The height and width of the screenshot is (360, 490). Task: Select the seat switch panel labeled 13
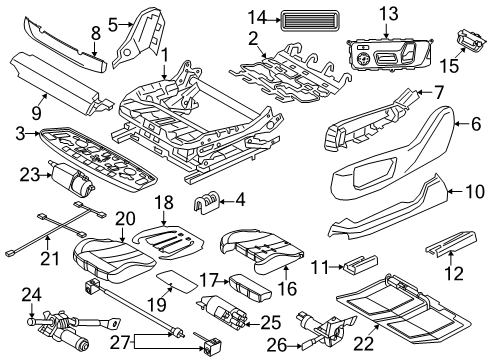click(x=390, y=50)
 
